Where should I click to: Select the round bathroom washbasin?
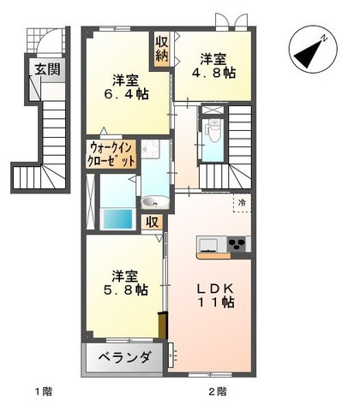point(154,202)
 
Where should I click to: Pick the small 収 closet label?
point(152,222)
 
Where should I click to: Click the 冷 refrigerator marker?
point(241,203)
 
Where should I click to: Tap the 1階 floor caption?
point(43,392)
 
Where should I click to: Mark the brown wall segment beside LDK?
point(160,327)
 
